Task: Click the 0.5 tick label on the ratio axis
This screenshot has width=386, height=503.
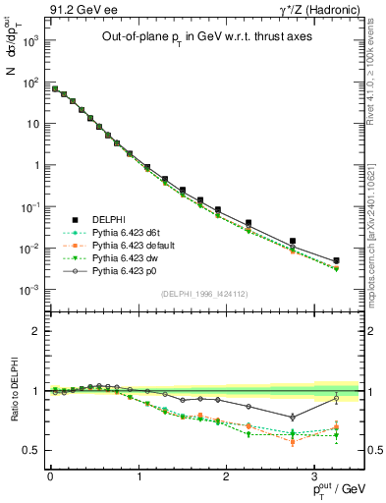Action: point(30,450)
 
